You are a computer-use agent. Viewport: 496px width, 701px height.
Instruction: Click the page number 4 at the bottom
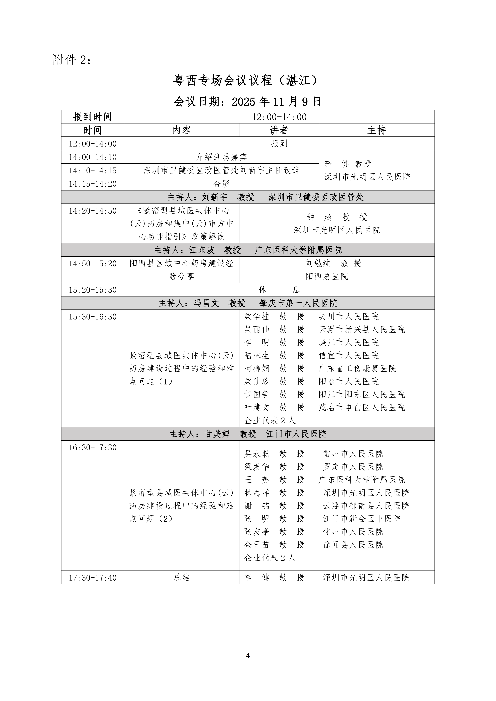click(x=248, y=655)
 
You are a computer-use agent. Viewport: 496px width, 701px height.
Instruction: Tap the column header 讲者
click(x=279, y=130)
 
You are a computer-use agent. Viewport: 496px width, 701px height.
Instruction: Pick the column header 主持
click(x=377, y=130)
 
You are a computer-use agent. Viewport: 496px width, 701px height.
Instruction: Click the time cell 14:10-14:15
click(x=92, y=170)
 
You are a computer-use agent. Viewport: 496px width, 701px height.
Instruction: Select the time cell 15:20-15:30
click(x=92, y=290)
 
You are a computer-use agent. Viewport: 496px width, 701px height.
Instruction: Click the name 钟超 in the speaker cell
click(x=319, y=217)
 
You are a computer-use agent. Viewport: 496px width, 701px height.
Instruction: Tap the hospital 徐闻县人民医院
click(x=353, y=545)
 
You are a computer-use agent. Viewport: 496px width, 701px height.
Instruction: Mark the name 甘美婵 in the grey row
click(x=217, y=434)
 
